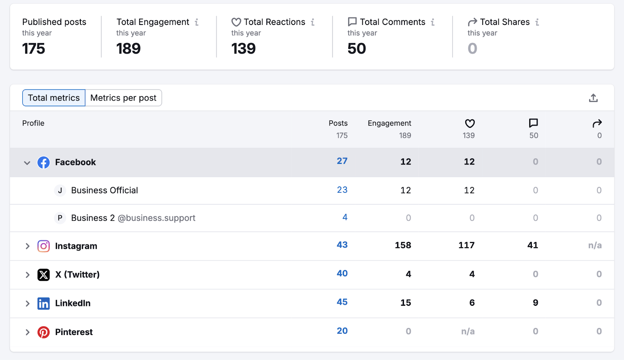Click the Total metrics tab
54,98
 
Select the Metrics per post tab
123,98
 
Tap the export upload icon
593,98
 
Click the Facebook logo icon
43,162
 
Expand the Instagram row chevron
27,246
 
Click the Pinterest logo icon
43,332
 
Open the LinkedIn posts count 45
342,302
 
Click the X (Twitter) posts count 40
342,273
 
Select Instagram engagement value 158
403,245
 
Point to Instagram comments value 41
532,245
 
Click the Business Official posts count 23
342,190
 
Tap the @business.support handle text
156,218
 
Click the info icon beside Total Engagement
197,22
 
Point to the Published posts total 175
34,49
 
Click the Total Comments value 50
356,49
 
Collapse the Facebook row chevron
27,163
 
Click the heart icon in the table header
470,124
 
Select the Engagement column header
389,123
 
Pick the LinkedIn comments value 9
535,303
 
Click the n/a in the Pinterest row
468,332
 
